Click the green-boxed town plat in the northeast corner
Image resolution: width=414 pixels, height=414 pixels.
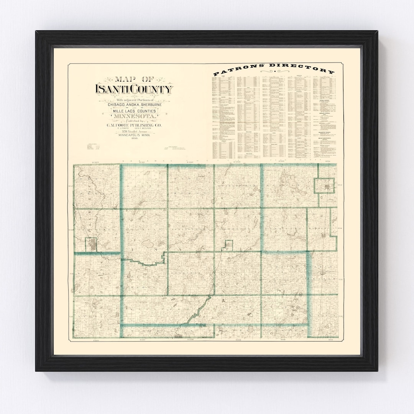(325, 186)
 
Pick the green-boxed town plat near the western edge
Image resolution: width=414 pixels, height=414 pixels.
(91, 244)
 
